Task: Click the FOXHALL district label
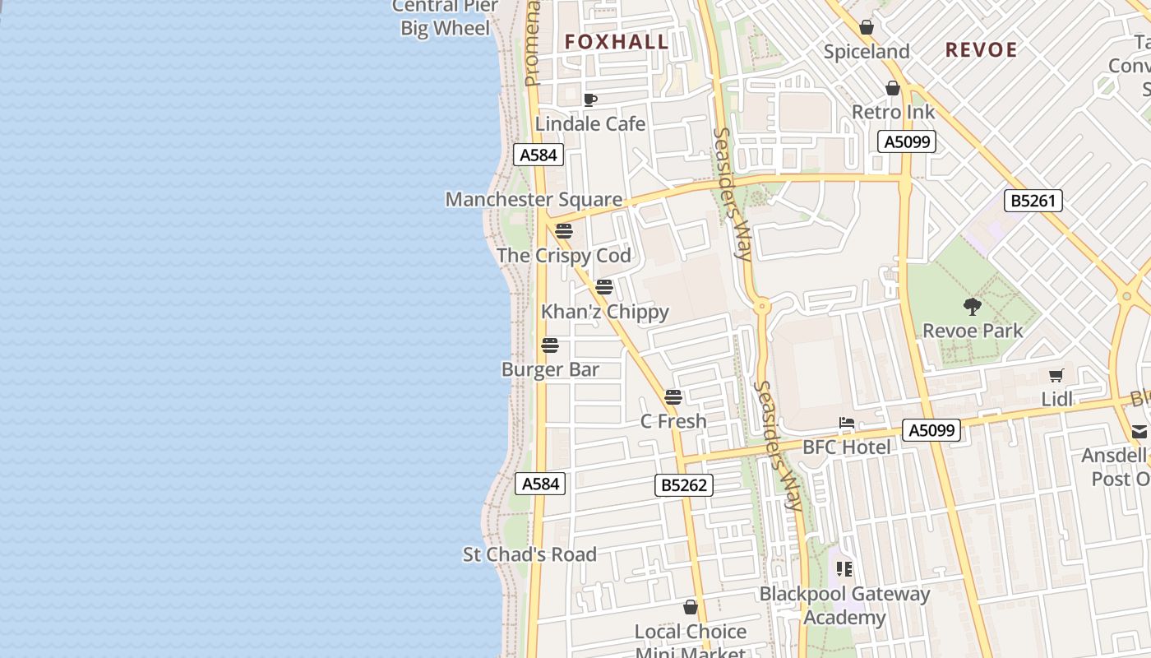click(616, 42)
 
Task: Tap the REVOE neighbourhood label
click(981, 50)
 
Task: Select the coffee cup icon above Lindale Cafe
click(589, 100)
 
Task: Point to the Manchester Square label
click(534, 199)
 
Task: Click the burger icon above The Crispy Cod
click(563, 230)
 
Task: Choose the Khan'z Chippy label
click(605, 312)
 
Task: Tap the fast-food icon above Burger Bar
click(550, 345)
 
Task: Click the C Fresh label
click(673, 421)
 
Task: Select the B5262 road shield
click(684, 485)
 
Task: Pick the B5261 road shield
click(1033, 201)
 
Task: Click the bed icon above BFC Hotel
click(847, 424)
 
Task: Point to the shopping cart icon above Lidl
click(1056, 376)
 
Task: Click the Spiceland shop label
click(867, 52)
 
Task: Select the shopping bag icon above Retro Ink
click(893, 88)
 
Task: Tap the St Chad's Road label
click(529, 554)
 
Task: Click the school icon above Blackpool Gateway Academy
click(844, 568)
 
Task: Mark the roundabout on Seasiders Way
click(761, 307)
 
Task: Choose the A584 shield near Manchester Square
click(539, 155)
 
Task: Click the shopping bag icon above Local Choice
click(691, 607)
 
